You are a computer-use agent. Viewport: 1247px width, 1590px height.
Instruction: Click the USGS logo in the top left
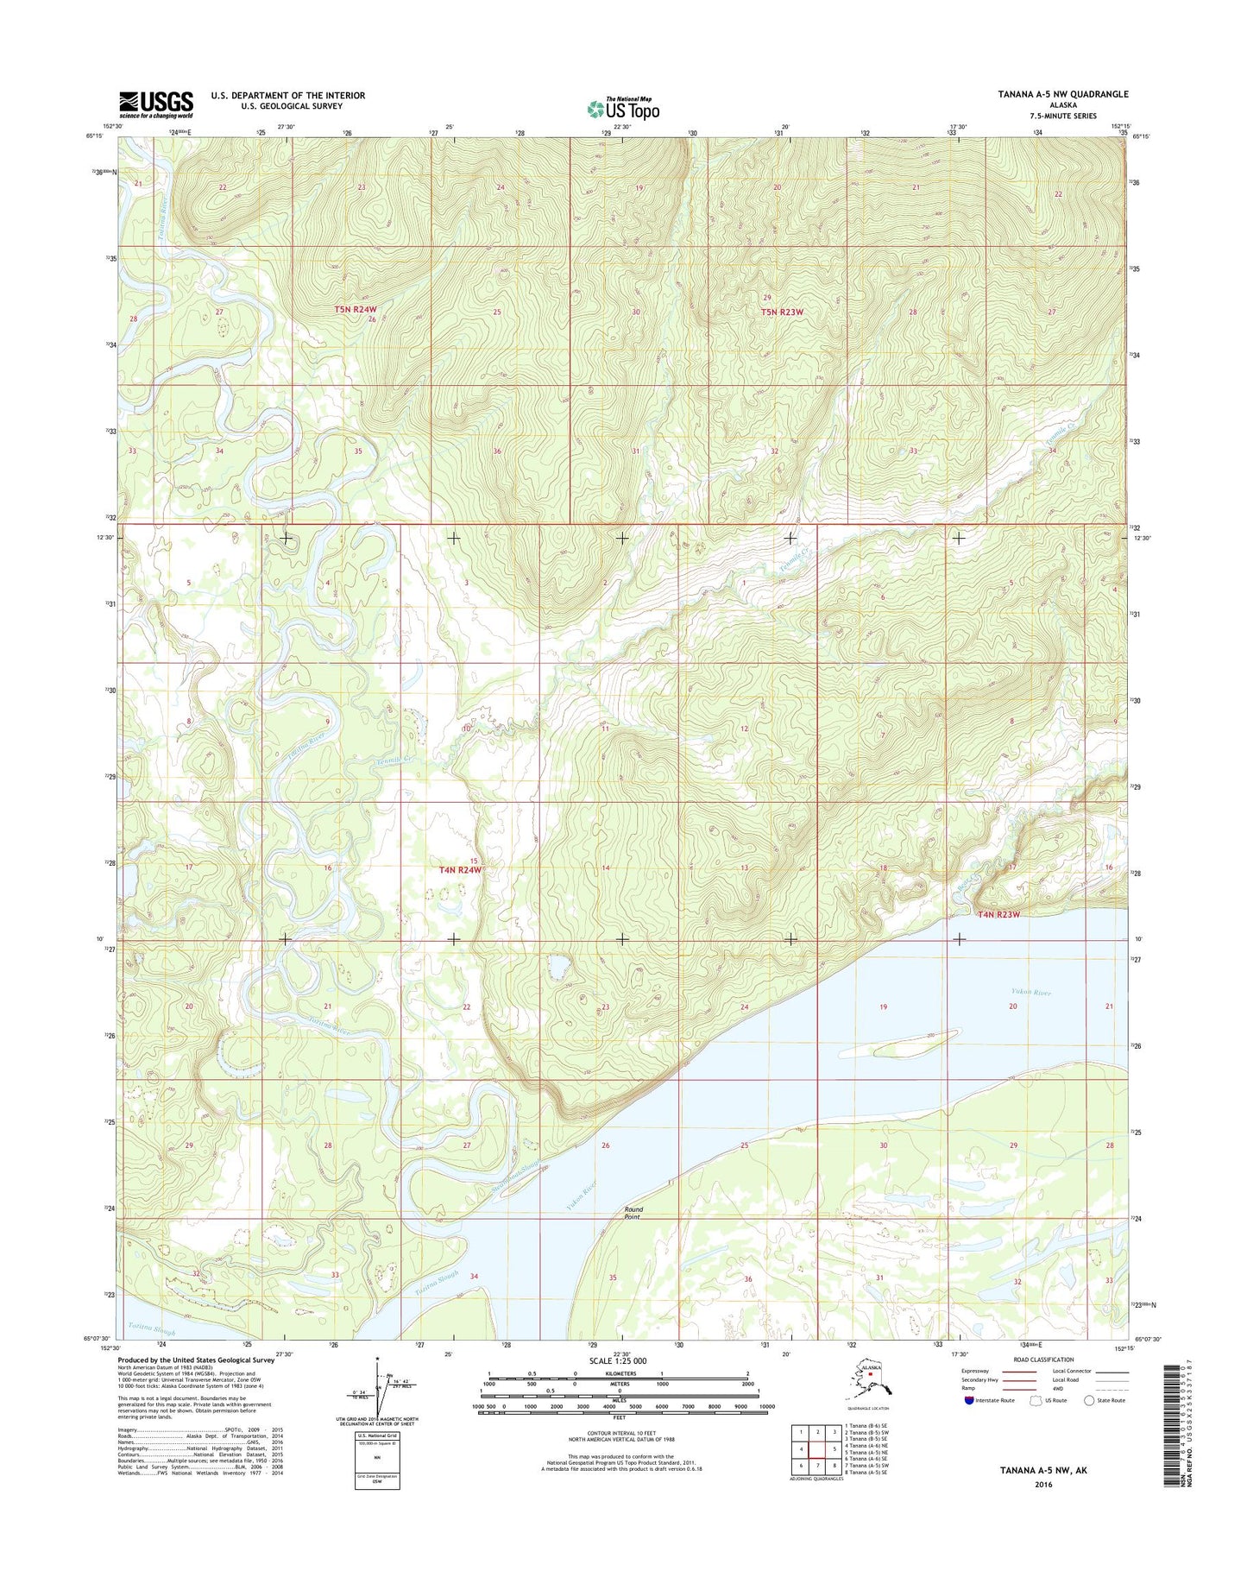[156, 104]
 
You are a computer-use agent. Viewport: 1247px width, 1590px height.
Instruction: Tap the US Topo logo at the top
[622, 109]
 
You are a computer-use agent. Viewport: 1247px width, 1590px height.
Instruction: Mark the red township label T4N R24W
[460, 870]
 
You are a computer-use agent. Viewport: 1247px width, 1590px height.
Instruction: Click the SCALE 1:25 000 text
[617, 1361]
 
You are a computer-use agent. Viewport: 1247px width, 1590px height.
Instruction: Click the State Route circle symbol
[1089, 1400]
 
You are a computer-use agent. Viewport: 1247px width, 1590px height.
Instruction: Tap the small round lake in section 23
[558, 967]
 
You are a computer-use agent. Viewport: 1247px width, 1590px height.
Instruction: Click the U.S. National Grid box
[377, 1463]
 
